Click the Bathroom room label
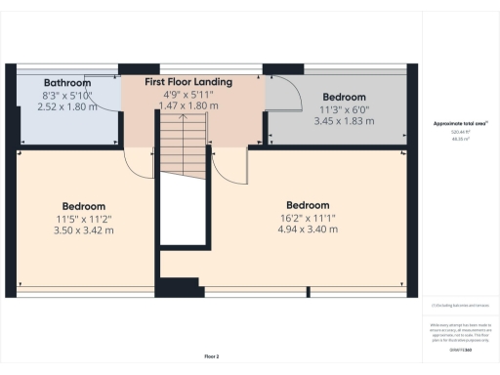[67, 83]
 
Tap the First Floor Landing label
[189, 82]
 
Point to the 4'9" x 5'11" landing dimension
[189, 95]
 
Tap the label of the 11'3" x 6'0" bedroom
[345, 97]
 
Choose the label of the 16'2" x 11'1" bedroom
[308, 205]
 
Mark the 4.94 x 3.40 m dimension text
[308, 229]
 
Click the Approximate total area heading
[460, 124]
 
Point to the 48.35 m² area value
[459, 139]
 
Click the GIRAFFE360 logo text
[460, 348]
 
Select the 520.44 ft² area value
[459, 132]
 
